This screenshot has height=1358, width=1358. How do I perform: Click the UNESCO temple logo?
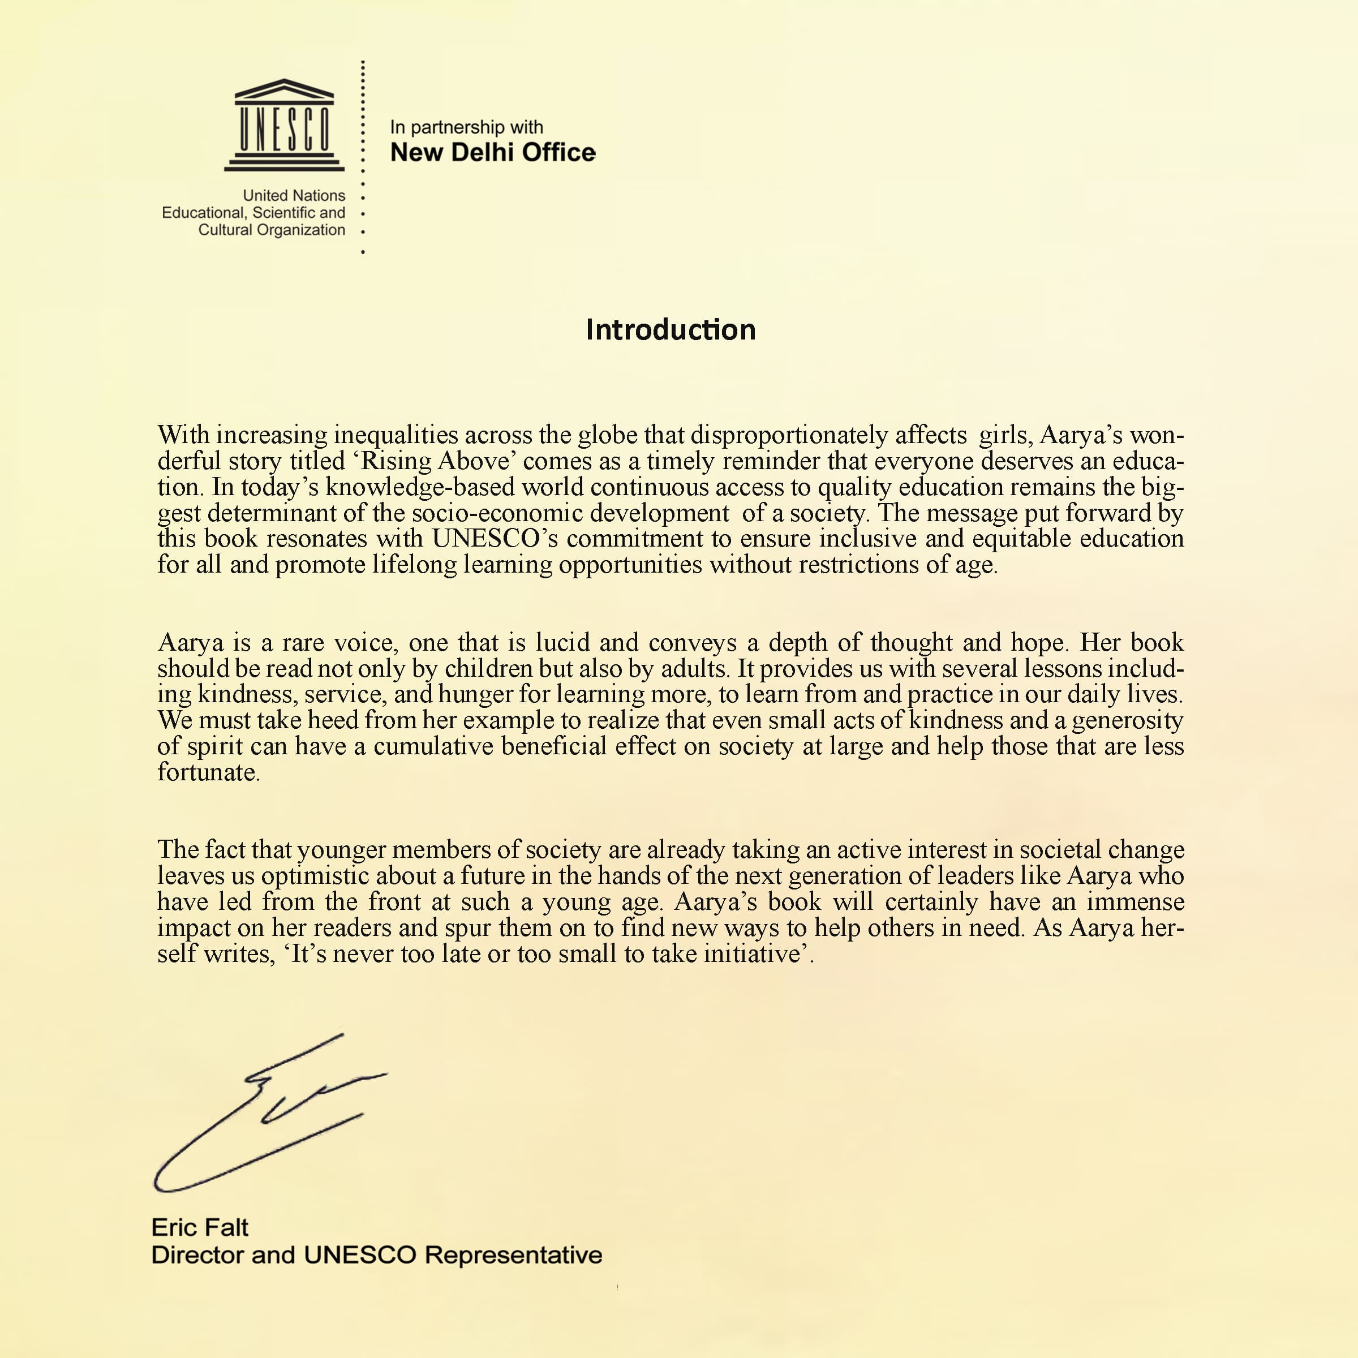pyautogui.click(x=284, y=125)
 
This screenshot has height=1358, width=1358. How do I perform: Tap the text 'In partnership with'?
pyautogui.click(x=466, y=127)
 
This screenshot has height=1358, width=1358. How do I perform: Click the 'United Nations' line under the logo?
pyautogui.click(x=294, y=195)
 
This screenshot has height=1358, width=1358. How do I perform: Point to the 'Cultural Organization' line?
pyautogui.click(x=272, y=230)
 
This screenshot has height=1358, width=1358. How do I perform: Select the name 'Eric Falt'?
pyautogui.click(x=200, y=1227)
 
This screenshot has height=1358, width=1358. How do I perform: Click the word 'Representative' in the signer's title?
pyautogui.click(x=514, y=1254)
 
